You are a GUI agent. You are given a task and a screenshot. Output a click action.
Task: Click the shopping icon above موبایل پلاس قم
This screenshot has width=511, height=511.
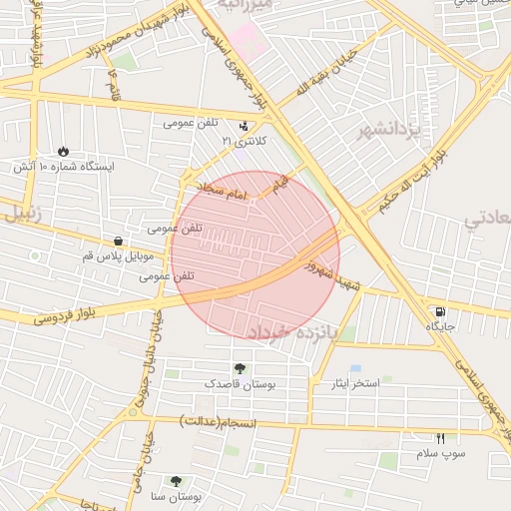click(119, 241)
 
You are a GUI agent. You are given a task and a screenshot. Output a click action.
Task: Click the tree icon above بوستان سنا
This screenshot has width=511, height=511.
click(177, 480)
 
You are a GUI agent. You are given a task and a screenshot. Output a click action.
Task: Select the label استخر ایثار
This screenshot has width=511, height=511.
click(344, 383)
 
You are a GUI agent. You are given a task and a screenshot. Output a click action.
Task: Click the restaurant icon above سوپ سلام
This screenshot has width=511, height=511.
click(440, 438)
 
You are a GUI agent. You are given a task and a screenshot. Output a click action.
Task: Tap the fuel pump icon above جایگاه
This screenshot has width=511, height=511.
click(440, 310)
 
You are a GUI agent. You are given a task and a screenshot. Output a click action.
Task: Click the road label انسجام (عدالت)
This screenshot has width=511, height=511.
click(219, 423)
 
